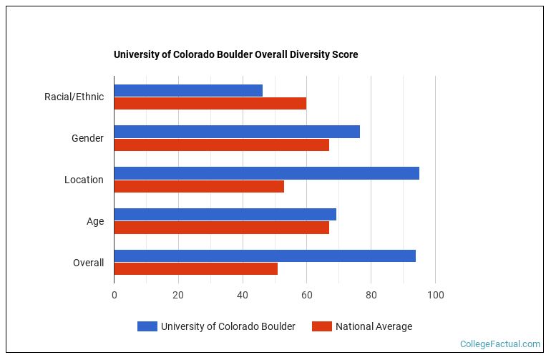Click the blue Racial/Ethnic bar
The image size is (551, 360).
pos(188,91)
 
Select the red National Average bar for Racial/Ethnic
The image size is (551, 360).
pos(210,104)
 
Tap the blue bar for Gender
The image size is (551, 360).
pos(237,132)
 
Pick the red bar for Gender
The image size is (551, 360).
pos(221,145)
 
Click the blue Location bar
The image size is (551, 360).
pos(266,173)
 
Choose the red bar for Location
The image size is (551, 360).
pos(199,187)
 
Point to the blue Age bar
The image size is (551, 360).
pos(225,215)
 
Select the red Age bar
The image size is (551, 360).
pos(221,228)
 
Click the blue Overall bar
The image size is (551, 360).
pos(265,256)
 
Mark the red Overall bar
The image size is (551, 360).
pos(195,269)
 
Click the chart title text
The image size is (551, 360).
pos(236,54)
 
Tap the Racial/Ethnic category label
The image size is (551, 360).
pos(74,97)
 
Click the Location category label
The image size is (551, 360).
pos(84,180)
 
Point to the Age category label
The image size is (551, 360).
pos(95,221)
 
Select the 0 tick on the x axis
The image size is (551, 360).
pos(114,295)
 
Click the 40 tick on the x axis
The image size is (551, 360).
pos(243,295)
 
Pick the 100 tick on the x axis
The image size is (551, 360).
pos(435,295)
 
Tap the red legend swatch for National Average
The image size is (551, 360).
pos(322,326)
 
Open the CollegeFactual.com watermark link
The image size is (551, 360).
pos(499,344)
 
